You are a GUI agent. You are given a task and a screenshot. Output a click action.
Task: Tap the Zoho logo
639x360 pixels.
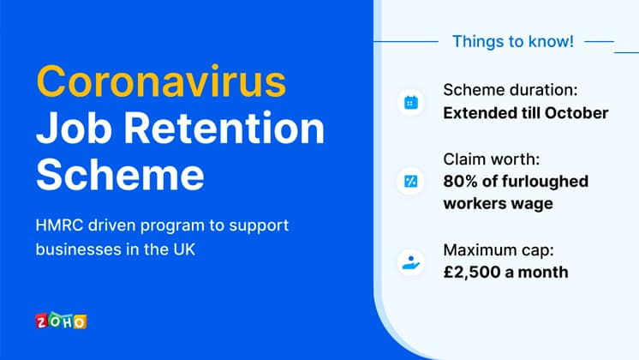pyautogui.click(x=61, y=321)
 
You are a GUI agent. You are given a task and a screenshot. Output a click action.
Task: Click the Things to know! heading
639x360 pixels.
pyautogui.click(x=512, y=41)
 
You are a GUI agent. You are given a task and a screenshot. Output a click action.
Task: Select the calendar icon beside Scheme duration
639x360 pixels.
pyautogui.click(x=410, y=103)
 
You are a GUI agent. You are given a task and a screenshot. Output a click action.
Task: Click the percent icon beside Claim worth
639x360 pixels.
pyautogui.click(x=410, y=181)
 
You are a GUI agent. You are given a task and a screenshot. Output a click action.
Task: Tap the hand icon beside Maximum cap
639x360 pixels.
pyautogui.click(x=410, y=261)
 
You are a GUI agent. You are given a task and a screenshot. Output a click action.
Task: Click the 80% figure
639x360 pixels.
pyautogui.click(x=463, y=182)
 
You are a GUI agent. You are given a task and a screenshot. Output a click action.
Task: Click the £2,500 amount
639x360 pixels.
pyautogui.click(x=475, y=273)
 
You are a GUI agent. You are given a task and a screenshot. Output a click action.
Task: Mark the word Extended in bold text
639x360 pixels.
pyautogui.click(x=480, y=113)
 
